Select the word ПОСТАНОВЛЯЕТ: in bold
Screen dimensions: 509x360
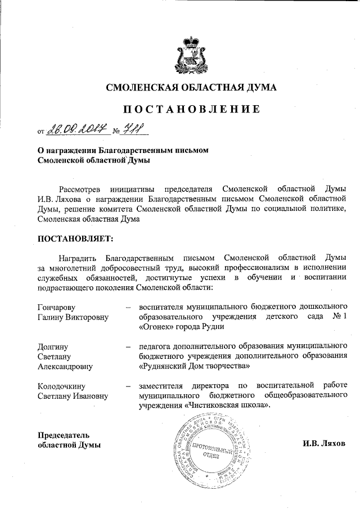click(x=75, y=238)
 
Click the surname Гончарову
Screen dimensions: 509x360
click(x=56, y=307)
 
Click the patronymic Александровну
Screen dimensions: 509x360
click(x=65, y=366)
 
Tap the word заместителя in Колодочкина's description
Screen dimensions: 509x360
click(x=164, y=386)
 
